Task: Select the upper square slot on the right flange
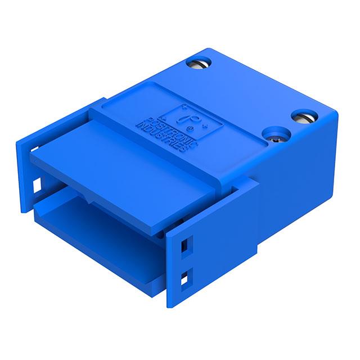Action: [x=183, y=245]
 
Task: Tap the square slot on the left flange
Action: [x=38, y=183]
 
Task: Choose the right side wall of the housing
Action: [x=298, y=180]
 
